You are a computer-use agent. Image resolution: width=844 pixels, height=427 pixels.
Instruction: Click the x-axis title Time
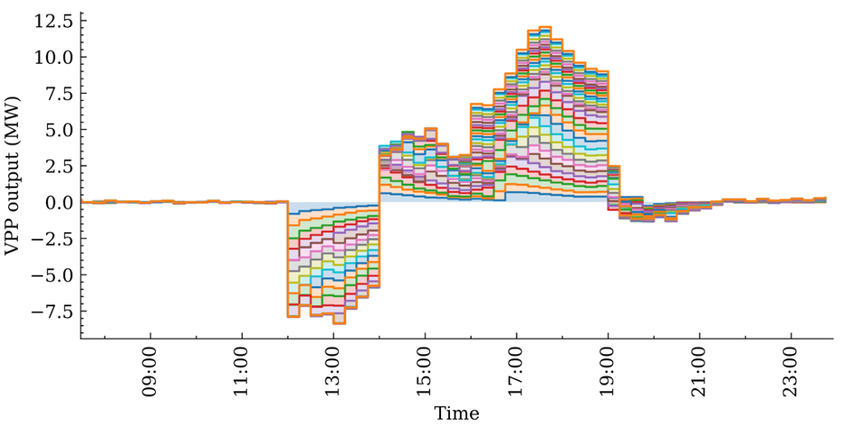[x=456, y=413]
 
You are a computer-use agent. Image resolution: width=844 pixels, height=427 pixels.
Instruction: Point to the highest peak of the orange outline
[x=545, y=28]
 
